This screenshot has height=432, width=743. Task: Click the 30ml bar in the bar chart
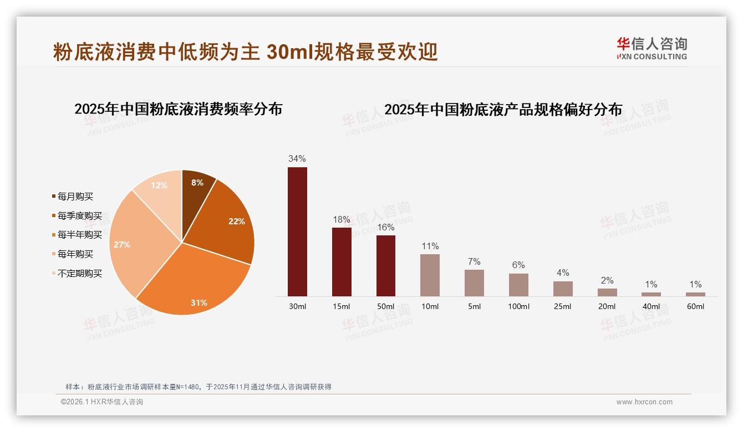pos(297,232)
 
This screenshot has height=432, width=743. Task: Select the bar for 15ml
pos(342,261)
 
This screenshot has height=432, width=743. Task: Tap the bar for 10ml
pos(430,275)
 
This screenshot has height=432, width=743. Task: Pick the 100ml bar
pos(518,285)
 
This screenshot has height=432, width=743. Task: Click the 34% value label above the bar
pos(297,159)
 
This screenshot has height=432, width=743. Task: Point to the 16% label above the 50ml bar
pos(385,227)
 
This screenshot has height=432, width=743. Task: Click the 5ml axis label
pos(474,307)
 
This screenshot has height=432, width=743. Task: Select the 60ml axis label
pos(695,307)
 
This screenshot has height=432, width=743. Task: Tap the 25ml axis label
pos(562,307)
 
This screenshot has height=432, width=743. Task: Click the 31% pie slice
pos(194,288)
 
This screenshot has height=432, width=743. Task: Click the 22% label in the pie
pos(236,221)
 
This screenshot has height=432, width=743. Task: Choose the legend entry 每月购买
pos(75,197)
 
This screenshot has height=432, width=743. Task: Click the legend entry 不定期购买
pos(79,274)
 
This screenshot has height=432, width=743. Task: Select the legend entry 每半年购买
pos(79,235)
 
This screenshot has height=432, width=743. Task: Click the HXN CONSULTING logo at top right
pos(652,48)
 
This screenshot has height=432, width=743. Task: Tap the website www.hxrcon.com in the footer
pos(644,402)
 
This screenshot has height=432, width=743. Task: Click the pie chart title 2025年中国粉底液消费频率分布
pos(179,109)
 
